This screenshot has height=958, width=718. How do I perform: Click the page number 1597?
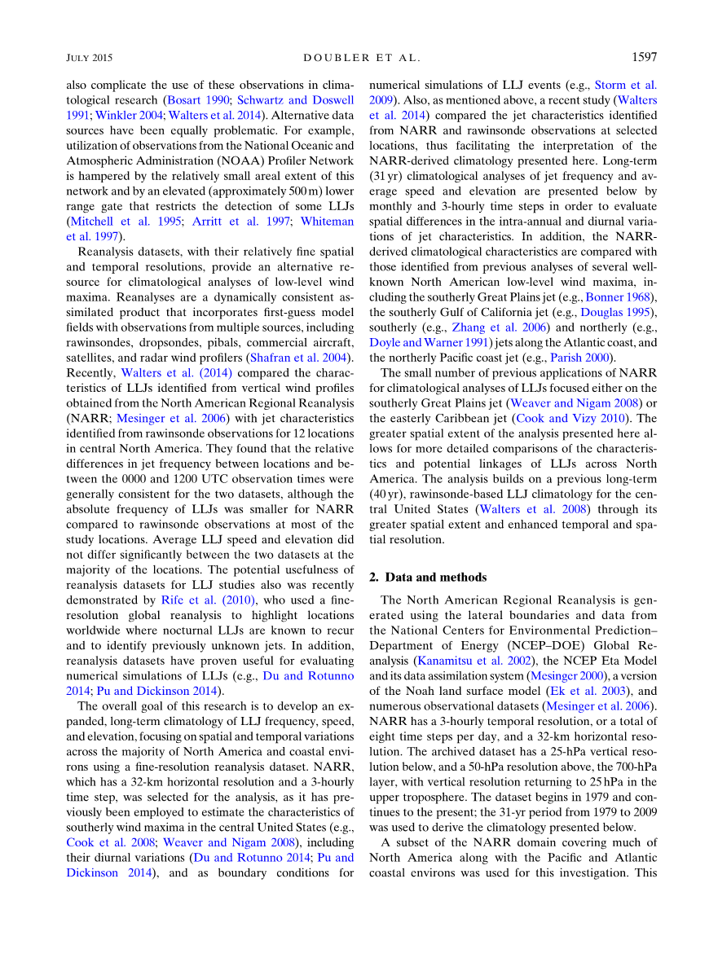[x=643, y=57]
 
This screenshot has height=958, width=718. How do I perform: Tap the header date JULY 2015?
[x=89, y=58]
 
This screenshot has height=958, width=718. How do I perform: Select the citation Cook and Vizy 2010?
[x=570, y=418]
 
